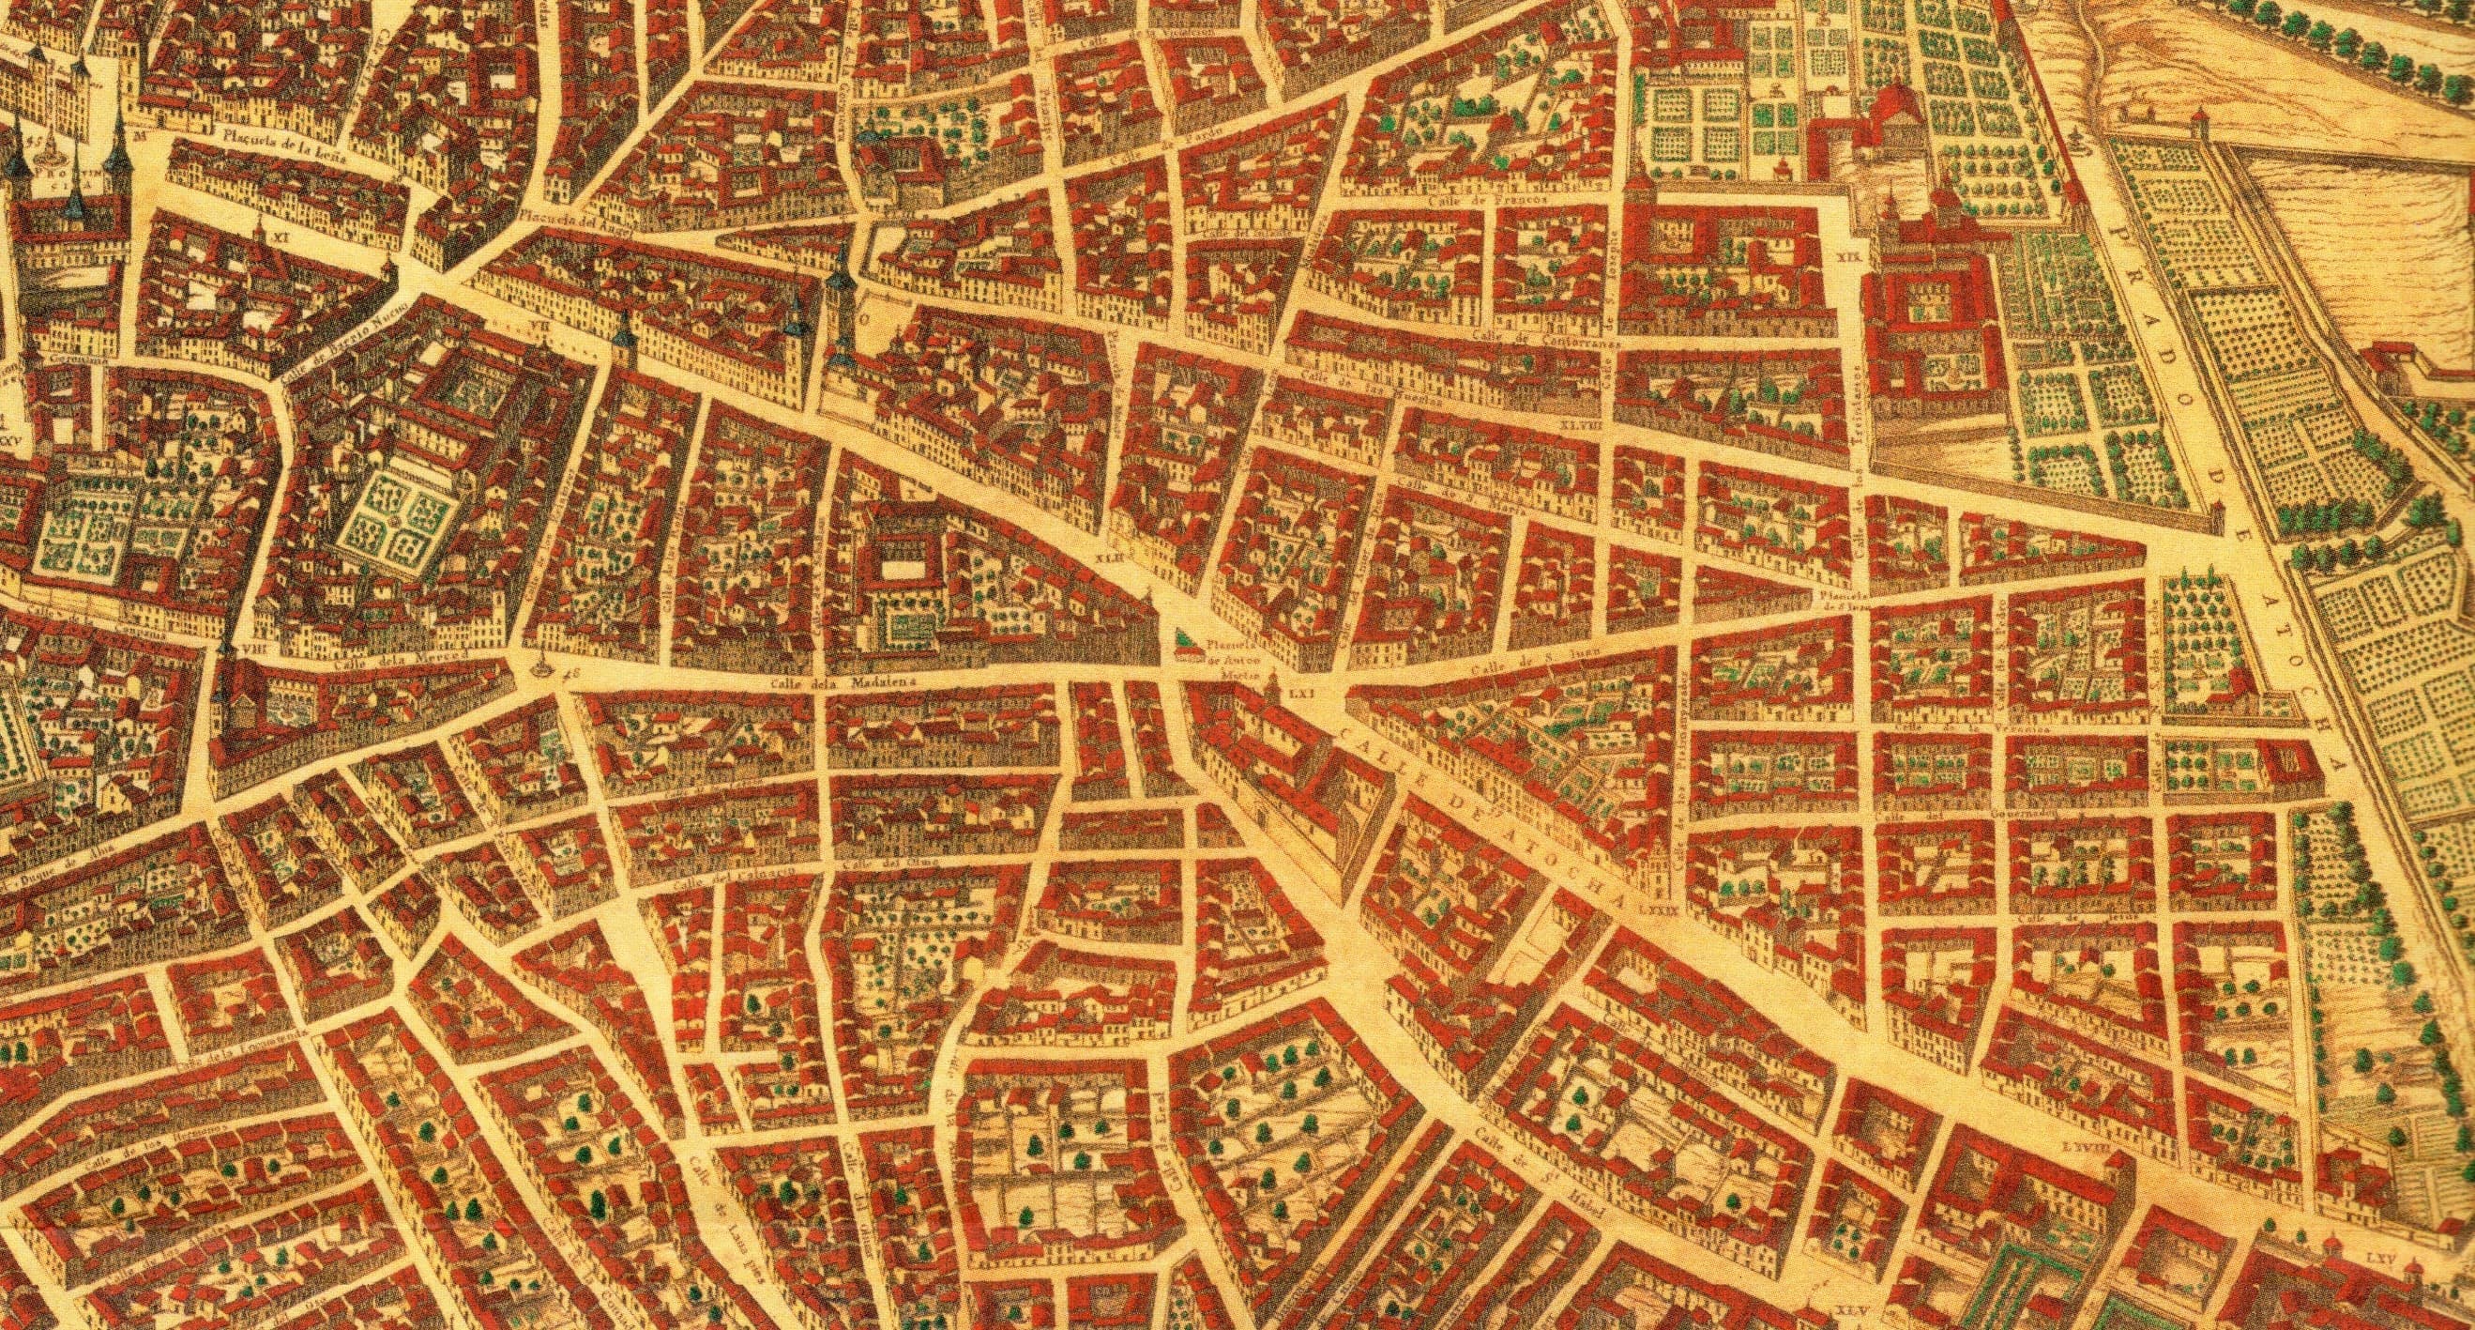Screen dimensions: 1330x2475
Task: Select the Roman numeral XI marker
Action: pos(281,232)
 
